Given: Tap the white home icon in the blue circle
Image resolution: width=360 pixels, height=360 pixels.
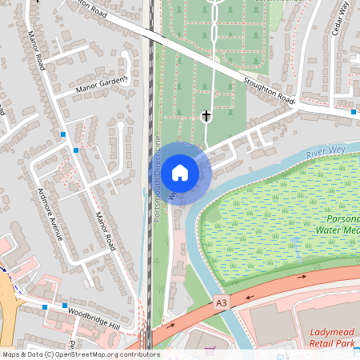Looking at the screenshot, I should (181, 171).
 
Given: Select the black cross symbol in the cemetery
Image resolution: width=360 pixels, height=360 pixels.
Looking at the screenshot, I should (206, 117).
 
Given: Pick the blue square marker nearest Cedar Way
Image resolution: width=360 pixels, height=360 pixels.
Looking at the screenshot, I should (354, 113).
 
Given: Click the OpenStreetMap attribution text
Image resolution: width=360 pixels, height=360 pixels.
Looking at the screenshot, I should (80, 354).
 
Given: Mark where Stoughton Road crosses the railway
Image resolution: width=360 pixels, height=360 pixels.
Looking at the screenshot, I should (150, 33).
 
